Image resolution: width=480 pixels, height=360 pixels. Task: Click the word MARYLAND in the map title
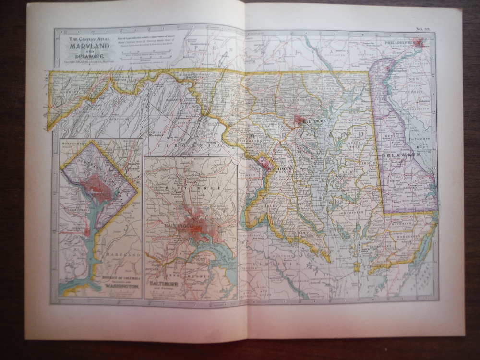point(89,47)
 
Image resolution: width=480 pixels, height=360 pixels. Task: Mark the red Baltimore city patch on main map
point(300,120)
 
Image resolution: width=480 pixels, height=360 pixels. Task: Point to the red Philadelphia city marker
point(419,43)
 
